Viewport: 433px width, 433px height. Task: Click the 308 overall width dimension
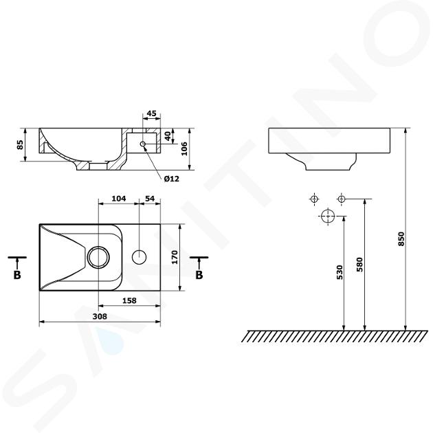coord(100,316)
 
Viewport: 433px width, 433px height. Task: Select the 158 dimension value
coord(129,300)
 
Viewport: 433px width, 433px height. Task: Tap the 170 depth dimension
coord(175,257)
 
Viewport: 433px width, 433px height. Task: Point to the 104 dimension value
coord(119,199)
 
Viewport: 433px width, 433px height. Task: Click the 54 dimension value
coord(150,199)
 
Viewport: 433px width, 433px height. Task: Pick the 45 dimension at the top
coord(151,113)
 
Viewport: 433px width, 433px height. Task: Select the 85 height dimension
coord(20,144)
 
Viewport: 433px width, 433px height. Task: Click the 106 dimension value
coord(184,148)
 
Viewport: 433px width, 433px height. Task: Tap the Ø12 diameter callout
coord(172,179)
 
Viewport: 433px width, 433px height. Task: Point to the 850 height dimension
coord(401,239)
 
